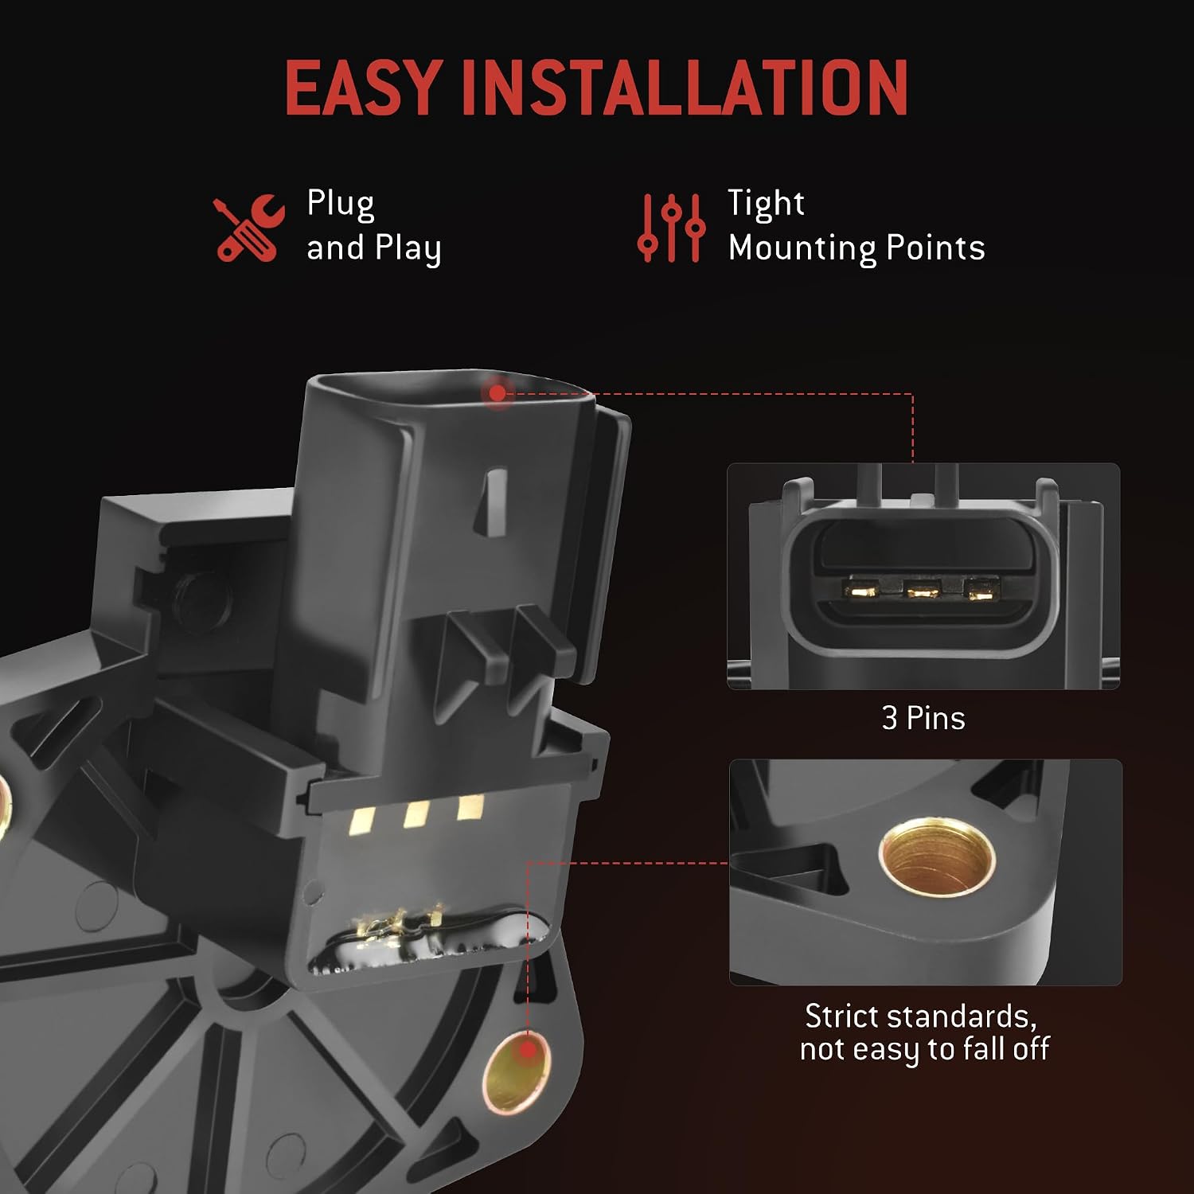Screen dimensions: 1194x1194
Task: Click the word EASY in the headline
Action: tap(363, 87)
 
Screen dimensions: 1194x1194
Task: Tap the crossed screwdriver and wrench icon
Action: tap(249, 228)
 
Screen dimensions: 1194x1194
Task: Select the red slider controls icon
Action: tap(671, 228)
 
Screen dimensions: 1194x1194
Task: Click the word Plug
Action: tap(341, 205)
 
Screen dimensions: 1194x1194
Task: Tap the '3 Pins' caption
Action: tap(923, 719)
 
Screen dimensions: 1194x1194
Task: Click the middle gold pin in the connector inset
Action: tap(923, 591)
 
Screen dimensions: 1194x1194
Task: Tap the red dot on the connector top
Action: tap(497, 392)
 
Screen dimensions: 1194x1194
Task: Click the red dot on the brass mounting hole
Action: tap(526, 1051)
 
